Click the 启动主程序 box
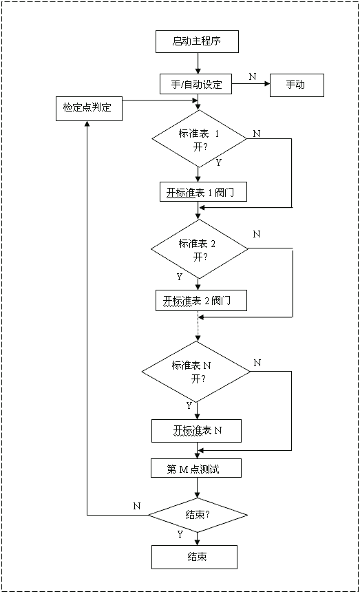(x=197, y=42)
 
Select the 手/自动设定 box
(x=196, y=85)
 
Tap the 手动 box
(x=295, y=85)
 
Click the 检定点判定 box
(x=88, y=109)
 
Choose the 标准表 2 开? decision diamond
(x=199, y=248)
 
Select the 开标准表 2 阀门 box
(x=200, y=301)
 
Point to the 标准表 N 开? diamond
(x=196, y=371)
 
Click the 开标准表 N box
(x=197, y=431)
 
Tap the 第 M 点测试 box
(x=196, y=469)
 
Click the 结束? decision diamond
(x=198, y=515)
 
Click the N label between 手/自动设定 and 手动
(x=252, y=76)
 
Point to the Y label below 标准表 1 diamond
(x=218, y=163)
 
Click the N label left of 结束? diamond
(x=136, y=506)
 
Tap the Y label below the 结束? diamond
(x=180, y=534)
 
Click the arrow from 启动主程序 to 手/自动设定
(x=198, y=63)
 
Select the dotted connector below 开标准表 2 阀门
(x=198, y=326)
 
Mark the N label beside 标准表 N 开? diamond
(x=257, y=362)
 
